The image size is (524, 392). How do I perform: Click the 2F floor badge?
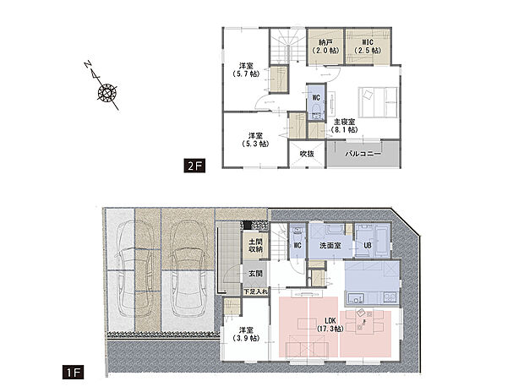click(194, 166)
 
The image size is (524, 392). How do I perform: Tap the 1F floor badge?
click(73, 373)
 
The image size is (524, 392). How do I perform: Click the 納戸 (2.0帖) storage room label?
click(325, 46)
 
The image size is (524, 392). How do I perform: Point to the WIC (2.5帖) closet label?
click(368, 46)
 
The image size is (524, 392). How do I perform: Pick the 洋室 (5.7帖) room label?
click(246, 69)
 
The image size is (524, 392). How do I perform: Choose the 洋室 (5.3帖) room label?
click(255, 139)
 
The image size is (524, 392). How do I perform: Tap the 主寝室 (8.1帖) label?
click(344, 126)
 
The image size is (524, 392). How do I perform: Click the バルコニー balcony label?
click(363, 154)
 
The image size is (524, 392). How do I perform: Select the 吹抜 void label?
click(307, 154)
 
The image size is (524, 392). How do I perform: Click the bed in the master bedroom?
click(378, 102)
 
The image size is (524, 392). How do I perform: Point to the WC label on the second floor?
click(316, 98)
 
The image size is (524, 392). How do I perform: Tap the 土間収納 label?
click(255, 245)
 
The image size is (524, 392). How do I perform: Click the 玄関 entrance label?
click(255, 274)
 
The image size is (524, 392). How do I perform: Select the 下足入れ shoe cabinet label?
click(255, 291)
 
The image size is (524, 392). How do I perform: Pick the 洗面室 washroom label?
click(330, 246)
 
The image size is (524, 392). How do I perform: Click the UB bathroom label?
click(368, 245)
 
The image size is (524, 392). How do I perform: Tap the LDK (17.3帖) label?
click(330, 324)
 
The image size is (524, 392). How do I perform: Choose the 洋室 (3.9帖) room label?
click(246, 335)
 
